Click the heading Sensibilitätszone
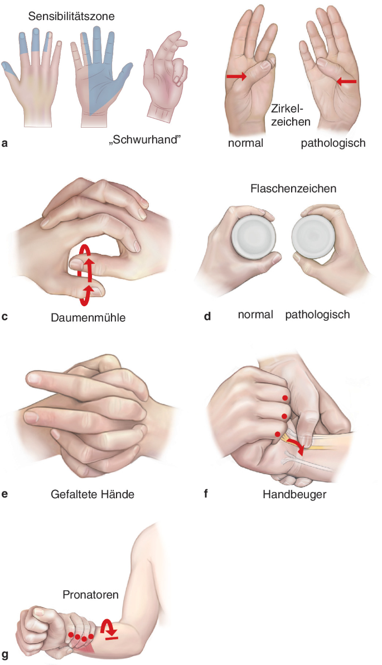pyautogui.click(x=71, y=17)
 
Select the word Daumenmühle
pyautogui.click(x=88, y=317)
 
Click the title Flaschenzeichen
pyautogui.click(x=293, y=189)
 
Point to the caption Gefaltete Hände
pyautogui.click(x=93, y=494)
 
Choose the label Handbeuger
pyautogui.click(x=294, y=494)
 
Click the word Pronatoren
pyautogui.click(x=90, y=595)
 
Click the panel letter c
pyautogui.click(x=4, y=316)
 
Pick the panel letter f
pyautogui.click(x=206, y=494)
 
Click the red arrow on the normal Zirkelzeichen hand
pyautogui.click(x=236, y=76)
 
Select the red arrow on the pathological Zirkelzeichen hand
pyautogui.click(x=346, y=80)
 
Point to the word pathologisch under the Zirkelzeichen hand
pyautogui.click(x=333, y=143)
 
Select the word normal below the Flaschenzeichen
pyautogui.click(x=255, y=315)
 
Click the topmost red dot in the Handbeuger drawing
pyautogui.click(x=286, y=398)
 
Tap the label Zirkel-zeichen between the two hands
pyautogui.click(x=291, y=115)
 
